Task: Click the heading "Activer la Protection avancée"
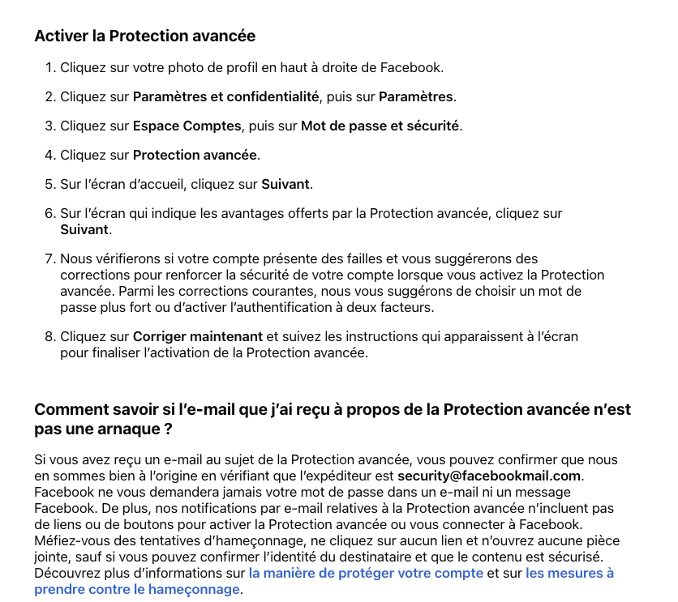pos(144,36)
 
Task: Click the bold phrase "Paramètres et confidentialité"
pos(225,97)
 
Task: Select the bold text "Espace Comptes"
pos(187,126)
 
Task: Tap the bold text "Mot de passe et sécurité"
pos(380,126)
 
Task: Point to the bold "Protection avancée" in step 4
pos(195,155)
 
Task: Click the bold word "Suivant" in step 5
pos(285,184)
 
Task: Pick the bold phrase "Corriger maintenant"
pos(198,336)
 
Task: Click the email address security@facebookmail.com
pos(489,476)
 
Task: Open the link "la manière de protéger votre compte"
pos(366,573)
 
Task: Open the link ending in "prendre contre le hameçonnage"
pos(137,589)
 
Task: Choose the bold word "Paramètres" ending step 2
pos(416,97)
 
